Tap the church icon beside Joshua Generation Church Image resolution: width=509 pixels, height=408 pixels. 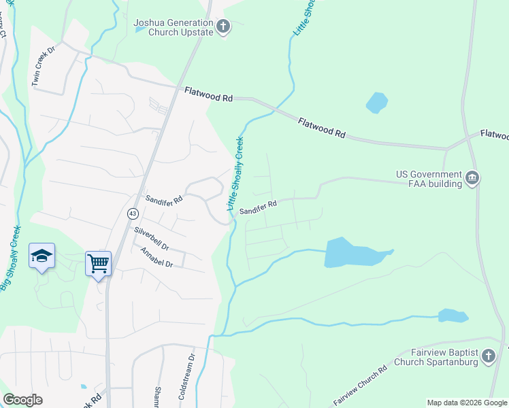pyautogui.click(x=223, y=27)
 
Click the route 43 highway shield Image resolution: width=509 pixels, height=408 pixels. pyautogui.click(x=131, y=214)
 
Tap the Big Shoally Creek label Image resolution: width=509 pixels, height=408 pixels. pyautogui.click(x=11, y=258)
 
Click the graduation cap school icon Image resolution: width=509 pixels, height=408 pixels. pyautogui.click(x=42, y=256)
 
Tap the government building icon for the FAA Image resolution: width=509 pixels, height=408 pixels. pyautogui.click(x=472, y=179)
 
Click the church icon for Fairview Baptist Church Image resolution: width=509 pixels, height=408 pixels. pyautogui.click(x=488, y=356)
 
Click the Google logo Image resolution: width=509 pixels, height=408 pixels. pyautogui.click(x=22, y=400)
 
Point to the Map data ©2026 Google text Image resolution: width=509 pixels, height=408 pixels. pyautogui.click(x=466, y=403)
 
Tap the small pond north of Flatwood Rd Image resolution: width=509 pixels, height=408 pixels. pyautogui.click(x=376, y=102)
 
